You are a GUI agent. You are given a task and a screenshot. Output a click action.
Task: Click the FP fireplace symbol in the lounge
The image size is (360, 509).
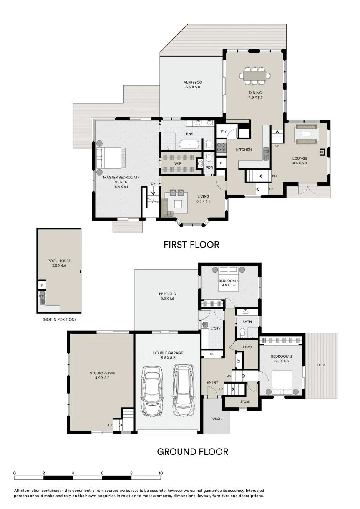(322, 152)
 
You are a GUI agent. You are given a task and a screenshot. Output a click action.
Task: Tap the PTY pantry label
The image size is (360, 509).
(224, 131)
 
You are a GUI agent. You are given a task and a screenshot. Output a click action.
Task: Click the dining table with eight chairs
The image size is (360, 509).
(255, 76)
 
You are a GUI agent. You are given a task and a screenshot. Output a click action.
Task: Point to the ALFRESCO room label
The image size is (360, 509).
(193, 83)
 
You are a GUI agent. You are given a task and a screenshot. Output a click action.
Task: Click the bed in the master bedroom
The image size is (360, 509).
(111, 158)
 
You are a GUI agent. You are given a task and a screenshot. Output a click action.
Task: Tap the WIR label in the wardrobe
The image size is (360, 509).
(178, 163)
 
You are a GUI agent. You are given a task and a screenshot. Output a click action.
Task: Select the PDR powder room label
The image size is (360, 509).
(209, 168)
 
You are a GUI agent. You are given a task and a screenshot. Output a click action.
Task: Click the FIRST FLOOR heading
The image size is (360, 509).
(191, 245)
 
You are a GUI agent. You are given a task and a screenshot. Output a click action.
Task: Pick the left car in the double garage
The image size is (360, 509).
(152, 391)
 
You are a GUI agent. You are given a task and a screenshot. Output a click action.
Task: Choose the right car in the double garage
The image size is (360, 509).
(184, 390)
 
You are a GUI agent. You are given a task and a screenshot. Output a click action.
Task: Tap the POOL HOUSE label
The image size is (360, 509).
(59, 261)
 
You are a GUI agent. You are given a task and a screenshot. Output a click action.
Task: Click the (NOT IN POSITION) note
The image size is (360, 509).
(59, 319)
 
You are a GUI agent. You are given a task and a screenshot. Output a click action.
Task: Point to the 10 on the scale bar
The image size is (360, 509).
(161, 473)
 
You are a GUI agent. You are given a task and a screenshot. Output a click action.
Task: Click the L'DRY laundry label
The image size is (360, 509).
(215, 328)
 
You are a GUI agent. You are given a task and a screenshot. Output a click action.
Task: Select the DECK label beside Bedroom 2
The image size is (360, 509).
(321, 365)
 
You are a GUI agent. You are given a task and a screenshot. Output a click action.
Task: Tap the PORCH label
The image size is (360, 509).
(216, 419)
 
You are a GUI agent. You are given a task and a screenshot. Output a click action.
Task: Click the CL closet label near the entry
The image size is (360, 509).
(212, 354)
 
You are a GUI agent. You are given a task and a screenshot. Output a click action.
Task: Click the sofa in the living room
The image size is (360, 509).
(167, 207)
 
